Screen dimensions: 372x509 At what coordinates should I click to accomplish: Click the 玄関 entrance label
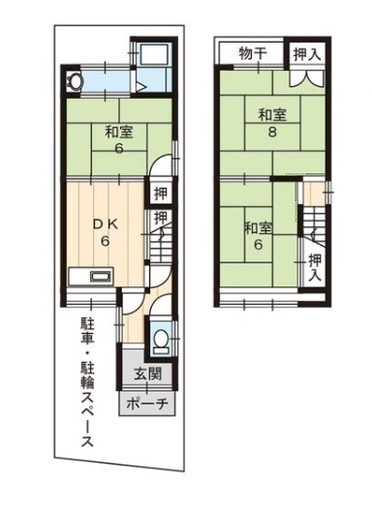147,374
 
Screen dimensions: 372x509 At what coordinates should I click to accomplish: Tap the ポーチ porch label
147,404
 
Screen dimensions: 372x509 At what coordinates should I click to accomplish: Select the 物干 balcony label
254,53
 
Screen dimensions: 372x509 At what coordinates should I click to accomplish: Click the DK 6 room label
105,233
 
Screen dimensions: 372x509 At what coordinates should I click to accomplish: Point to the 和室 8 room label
272,123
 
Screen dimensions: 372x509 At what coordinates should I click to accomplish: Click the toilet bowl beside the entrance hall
160,341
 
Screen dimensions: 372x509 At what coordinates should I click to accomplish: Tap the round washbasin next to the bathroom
75,80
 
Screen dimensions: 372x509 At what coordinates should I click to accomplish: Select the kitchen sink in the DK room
102,277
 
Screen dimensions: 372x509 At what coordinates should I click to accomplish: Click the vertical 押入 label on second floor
315,267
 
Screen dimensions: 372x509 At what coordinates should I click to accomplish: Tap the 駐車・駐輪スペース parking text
87,382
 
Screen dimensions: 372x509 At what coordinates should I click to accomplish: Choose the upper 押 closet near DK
160,193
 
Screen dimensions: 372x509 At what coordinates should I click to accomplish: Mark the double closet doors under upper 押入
307,78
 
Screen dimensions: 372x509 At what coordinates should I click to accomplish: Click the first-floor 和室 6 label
119,139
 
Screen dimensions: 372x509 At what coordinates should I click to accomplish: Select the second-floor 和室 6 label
259,235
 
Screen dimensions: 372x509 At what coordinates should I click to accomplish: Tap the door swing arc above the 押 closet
158,161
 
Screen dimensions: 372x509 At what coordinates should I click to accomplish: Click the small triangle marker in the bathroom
139,87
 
